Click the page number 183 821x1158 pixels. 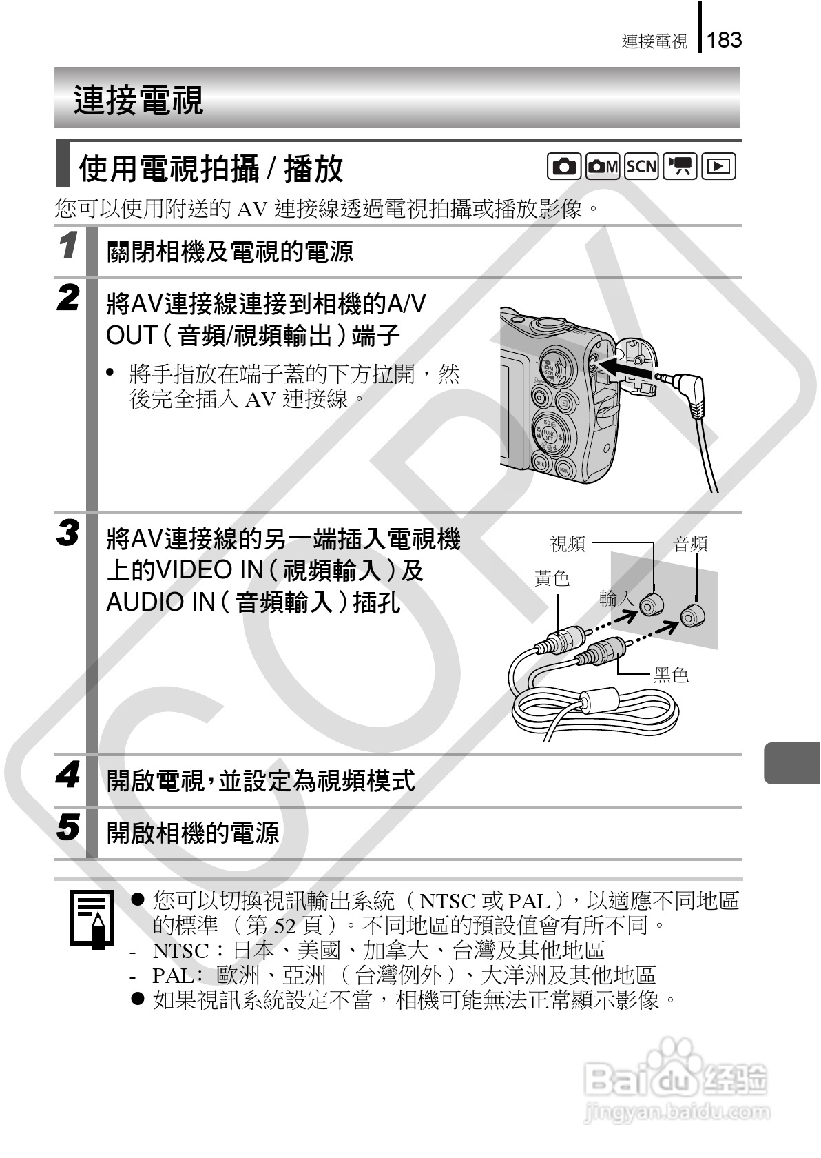point(724,40)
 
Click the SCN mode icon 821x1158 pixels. point(641,166)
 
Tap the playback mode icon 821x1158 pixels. point(718,166)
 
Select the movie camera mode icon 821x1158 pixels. point(680,166)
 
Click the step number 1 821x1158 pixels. point(67,246)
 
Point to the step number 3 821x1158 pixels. point(67,534)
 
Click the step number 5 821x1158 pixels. point(67,826)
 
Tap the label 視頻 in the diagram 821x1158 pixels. point(568,545)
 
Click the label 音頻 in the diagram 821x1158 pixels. point(690,545)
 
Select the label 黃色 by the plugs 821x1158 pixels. point(552,578)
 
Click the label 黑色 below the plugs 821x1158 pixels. point(671,675)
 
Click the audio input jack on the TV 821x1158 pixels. point(691,616)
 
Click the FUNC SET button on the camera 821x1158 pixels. point(549,436)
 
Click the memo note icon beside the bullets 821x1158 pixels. point(91,919)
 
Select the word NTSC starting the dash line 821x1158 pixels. point(180,951)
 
